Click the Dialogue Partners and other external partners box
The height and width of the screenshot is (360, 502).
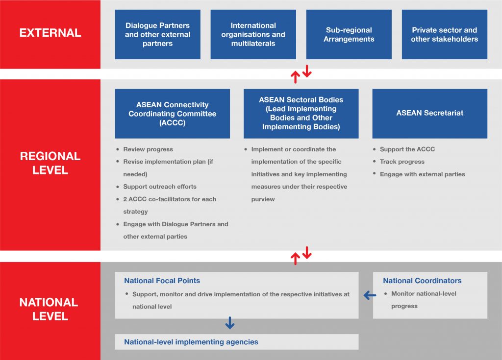[x=157, y=34]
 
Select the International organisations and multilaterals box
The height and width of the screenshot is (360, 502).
[x=253, y=34]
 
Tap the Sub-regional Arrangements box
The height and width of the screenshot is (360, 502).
[x=349, y=34]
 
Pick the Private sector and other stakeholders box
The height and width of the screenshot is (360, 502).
[x=444, y=34]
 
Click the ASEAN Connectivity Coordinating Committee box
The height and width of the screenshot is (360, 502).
[x=172, y=113]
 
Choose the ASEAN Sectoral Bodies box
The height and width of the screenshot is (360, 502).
[x=301, y=113]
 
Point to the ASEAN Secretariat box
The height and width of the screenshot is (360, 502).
[x=429, y=113]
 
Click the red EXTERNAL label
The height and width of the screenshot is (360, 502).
[x=50, y=33]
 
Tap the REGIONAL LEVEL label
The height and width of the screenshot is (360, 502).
[x=50, y=163]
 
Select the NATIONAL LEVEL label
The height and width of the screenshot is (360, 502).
[x=49, y=309]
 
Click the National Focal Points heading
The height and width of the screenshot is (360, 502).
[x=162, y=281]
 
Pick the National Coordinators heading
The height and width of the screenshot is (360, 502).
[x=422, y=281]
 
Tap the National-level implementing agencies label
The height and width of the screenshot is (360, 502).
[x=191, y=342]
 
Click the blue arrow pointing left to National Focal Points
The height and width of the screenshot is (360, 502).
[x=370, y=295]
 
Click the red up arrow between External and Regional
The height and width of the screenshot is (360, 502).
[x=295, y=77]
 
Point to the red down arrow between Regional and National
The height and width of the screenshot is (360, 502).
[x=307, y=254]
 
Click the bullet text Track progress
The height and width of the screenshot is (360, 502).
[x=402, y=162]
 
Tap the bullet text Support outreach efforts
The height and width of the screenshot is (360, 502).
[x=160, y=187]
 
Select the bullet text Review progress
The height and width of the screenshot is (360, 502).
[x=148, y=149]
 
